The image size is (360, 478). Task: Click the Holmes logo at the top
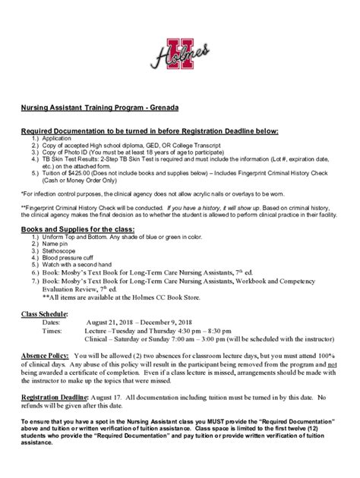pyautogui.click(x=180, y=52)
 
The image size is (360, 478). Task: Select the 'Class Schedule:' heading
pyautogui.click(x=46, y=313)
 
